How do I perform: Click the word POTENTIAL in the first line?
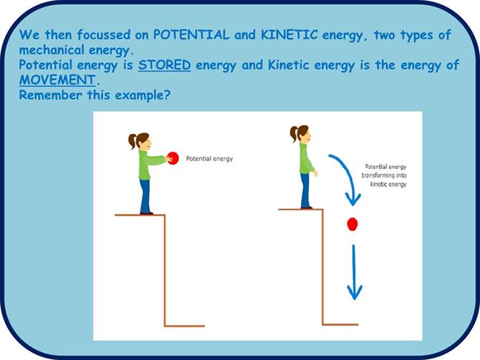pos(191,34)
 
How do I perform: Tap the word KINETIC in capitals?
pos(289,34)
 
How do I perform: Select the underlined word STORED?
pos(164,65)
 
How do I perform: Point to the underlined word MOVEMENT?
pos(57,80)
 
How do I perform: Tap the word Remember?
pos(51,94)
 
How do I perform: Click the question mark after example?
pos(167,94)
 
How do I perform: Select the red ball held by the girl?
pos(173,158)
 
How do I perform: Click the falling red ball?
pos(352,224)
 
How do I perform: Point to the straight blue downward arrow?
pos(354,272)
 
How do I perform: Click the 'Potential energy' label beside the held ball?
pos(209,159)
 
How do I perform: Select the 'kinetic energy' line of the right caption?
pos(388,184)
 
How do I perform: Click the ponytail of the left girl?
pos(133,141)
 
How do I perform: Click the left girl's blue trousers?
pos(145,196)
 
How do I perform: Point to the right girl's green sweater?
pos(306,159)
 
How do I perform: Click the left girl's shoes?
pos(146,213)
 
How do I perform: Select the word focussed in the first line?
pos(104,34)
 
